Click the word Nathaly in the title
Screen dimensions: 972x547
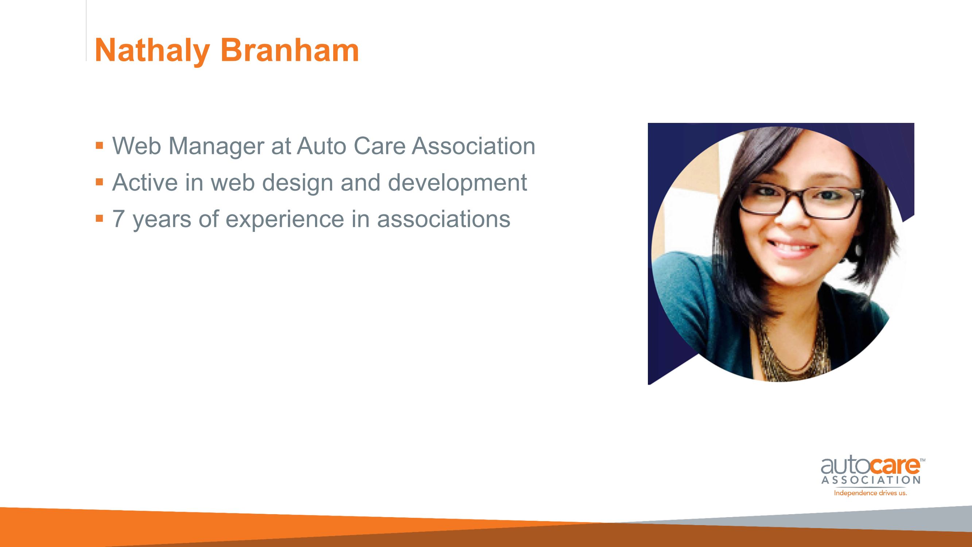152,51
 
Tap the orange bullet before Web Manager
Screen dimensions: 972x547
99,146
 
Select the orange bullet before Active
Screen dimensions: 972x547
99,182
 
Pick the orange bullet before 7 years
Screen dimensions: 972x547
99,218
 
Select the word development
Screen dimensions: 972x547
457,183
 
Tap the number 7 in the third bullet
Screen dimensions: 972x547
118,219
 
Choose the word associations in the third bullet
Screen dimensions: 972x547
444,219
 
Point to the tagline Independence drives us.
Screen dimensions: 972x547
871,493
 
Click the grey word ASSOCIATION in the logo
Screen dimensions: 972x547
871,480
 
